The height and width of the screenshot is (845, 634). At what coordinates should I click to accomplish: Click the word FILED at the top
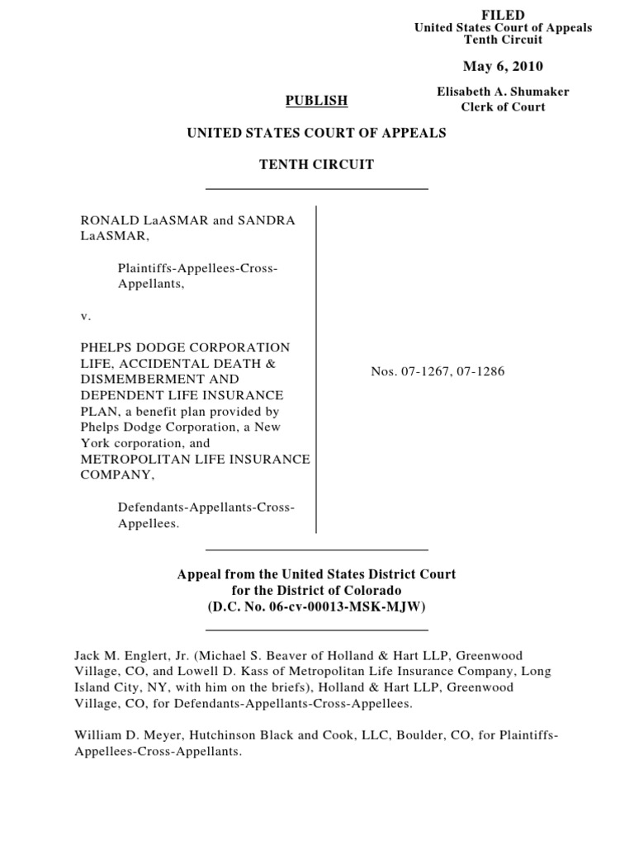pyautogui.click(x=503, y=16)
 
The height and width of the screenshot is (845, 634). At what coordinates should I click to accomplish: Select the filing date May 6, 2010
pyautogui.click(x=503, y=67)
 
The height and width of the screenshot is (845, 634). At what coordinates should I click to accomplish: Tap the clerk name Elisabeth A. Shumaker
pyautogui.click(x=503, y=92)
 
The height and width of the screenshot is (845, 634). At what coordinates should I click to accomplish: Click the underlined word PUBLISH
pyautogui.click(x=316, y=101)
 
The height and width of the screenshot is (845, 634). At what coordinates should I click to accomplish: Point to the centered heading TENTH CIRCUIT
pyautogui.click(x=316, y=165)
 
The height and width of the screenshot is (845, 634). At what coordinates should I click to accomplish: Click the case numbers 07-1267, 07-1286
pyautogui.click(x=438, y=371)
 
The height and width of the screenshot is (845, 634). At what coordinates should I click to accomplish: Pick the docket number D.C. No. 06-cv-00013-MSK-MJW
pyautogui.click(x=316, y=607)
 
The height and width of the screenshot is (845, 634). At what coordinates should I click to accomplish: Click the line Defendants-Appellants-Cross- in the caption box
pyautogui.click(x=206, y=507)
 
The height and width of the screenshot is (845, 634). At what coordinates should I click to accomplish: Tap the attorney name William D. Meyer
pyautogui.click(x=123, y=735)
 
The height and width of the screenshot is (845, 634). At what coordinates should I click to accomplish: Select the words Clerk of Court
pyautogui.click(x=503, y=107)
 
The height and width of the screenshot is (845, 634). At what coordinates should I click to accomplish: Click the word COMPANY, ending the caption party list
pyautogui.click(x=115, y=475)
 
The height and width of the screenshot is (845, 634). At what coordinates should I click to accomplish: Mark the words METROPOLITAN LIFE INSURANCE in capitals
pyautogui.click(x=195, y=459)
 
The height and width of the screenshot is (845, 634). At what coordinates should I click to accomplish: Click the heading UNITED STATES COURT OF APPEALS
pyautogui.click(x=316, y=133)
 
